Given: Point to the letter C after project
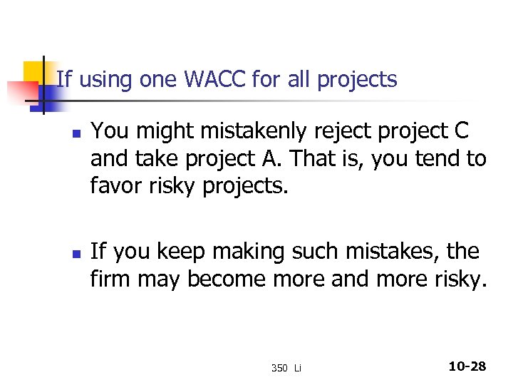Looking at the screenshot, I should pyautogui.click(x=461, y=132).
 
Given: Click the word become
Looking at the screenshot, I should pyautogui.click(x=227, y=279).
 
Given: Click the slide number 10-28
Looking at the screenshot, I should pyautogui.click(x=467, y=366).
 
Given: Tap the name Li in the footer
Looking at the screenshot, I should pyautogui.click(x=298, y=368).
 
